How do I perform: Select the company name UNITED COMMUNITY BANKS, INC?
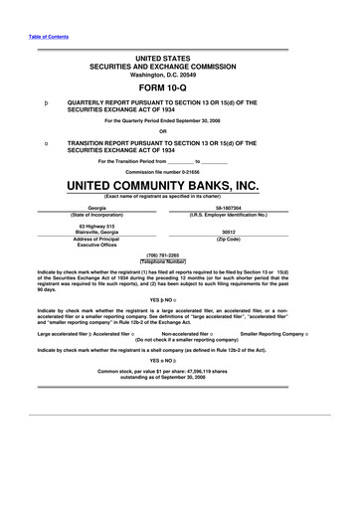[181, 186]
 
